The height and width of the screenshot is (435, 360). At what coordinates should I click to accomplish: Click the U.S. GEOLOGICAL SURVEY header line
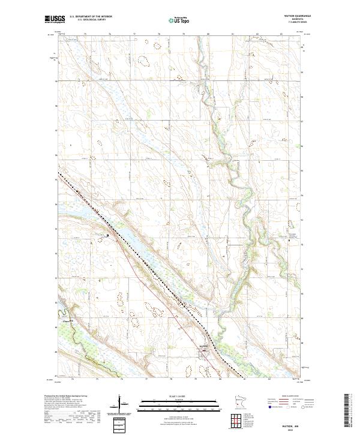click(x=91, y=20)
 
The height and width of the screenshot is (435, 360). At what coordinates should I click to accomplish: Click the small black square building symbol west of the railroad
click(x=108, y=235)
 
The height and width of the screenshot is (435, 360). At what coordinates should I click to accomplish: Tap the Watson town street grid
click(x=204, y=352)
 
